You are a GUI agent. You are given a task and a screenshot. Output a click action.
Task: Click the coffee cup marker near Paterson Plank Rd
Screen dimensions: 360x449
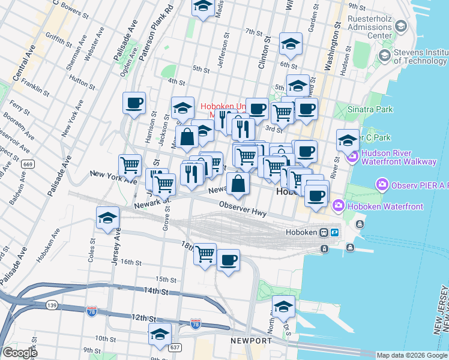tap(134, 102)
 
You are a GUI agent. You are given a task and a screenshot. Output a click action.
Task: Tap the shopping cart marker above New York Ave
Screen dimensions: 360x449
tap(130, 164)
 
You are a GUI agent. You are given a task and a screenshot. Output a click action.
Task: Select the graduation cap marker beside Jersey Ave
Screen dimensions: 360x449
tap(107, 217)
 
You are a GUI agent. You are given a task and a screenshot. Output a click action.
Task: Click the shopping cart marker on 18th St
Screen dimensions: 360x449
tap(205, 254)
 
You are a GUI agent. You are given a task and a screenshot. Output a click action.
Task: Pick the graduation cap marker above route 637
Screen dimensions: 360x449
tap(160, 334)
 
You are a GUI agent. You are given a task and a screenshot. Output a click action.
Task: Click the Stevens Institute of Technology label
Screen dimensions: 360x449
tap(420, 57)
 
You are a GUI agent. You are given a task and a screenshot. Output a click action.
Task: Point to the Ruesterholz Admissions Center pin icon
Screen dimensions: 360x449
tap(401, 26)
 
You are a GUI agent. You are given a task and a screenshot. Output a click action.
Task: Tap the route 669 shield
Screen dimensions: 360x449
tap(26, 164)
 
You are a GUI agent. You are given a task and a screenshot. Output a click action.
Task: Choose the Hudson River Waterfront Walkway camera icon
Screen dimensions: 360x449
tap(352, 157)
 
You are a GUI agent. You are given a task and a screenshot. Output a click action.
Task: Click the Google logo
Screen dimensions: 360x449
tap(20, 353)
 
